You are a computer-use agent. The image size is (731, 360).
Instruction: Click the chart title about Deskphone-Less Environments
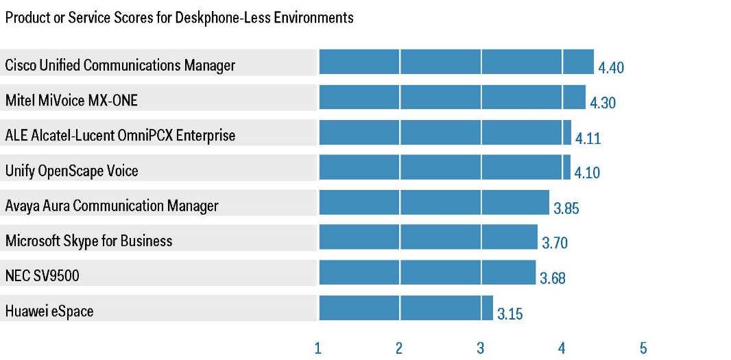180,18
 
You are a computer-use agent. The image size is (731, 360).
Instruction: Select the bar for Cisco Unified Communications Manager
456,62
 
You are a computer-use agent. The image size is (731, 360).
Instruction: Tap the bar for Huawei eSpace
406,308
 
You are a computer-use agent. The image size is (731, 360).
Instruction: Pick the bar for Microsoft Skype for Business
428,237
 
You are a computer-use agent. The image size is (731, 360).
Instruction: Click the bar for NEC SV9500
427,272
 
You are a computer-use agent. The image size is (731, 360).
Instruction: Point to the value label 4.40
611,68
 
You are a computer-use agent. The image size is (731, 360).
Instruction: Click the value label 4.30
603,104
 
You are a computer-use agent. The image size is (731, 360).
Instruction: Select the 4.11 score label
588,139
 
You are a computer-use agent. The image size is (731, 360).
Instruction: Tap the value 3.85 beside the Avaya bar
566,208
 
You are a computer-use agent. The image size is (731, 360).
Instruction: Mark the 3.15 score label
510,315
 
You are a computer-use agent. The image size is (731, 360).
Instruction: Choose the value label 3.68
553,278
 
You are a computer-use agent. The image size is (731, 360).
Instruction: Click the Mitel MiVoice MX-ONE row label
71,101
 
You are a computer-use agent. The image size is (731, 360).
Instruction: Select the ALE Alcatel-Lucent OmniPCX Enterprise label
120,135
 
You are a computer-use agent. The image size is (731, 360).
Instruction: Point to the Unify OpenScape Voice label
71,171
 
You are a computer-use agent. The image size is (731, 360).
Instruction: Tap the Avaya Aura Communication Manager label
112,206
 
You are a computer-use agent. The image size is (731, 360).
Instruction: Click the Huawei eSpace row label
49,311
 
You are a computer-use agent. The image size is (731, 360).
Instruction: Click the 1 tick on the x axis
317,348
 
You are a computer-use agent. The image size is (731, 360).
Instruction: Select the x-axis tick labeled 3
480,348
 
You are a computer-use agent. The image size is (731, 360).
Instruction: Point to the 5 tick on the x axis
643,348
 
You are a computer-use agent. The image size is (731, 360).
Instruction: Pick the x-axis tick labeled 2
398,348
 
